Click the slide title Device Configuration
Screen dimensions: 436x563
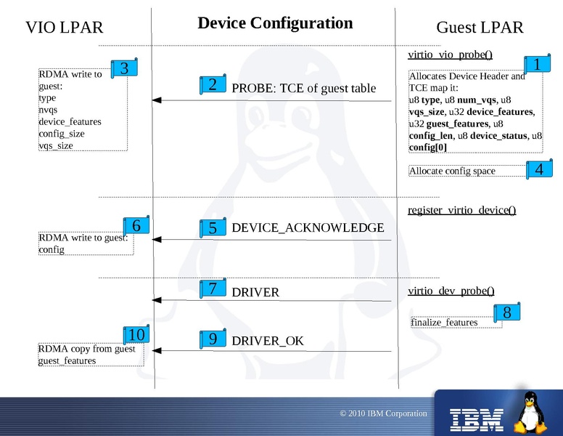pos(275,23)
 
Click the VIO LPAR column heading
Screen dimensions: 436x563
pos(65,28)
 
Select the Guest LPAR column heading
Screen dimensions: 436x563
pos(480,28)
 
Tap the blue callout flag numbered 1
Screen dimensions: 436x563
pos(537,65)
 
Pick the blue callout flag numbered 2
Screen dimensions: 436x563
pos(213,85)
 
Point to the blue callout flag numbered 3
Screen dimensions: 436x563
pos(124,69)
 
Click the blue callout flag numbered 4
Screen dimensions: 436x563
pos(538,170)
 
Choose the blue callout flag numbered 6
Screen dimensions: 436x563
pos(136,226)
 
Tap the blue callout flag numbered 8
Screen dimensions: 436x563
pos(506,313)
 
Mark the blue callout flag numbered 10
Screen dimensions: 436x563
pos(136,335)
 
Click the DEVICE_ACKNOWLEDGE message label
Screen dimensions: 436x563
pos(308,228)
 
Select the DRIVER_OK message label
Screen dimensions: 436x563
pos(268,341)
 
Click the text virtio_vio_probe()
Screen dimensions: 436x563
pos(451,54)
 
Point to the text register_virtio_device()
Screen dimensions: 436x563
pos(462,211)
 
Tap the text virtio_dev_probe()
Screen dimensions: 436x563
pos(451,291)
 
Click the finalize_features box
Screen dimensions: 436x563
pos(456,323)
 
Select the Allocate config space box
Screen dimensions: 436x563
pos(464,171)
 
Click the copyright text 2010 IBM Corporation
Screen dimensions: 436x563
pos(384,413)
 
